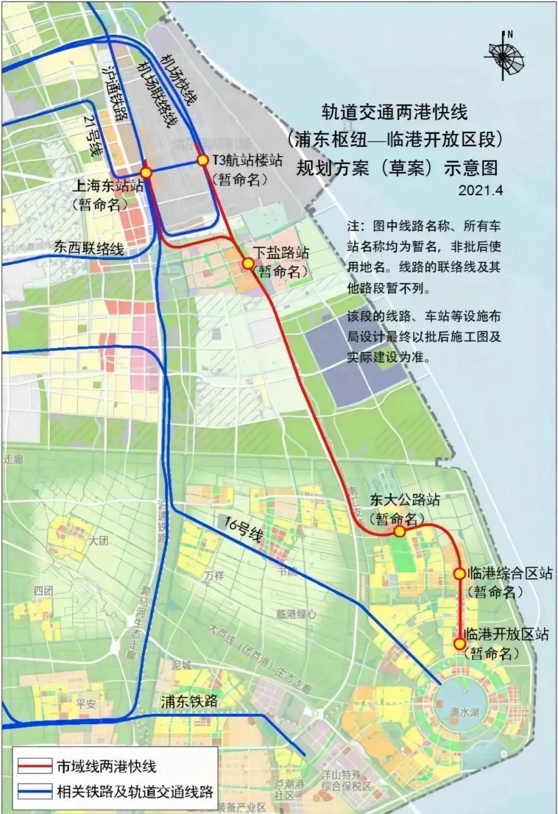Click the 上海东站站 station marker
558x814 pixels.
(x=146, y=172)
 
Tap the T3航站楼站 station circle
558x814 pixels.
(x=203, y=161)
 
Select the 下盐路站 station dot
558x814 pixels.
(x=248, y=264)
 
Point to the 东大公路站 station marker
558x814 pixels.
(x=398, y=531)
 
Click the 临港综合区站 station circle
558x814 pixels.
(x=459, y=574)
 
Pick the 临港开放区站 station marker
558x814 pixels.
(x=459, y=643)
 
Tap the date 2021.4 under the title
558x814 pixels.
(x=481, y=190)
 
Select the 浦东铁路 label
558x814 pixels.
(x=189, y=701)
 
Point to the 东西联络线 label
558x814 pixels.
(x=89, y=249)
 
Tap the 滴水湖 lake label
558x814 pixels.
(x=463, y=712)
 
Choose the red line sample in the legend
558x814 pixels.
(x=35, y=765)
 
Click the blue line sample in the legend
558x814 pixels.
(x=35, y=791)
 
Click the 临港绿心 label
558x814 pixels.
(x=296, y=614)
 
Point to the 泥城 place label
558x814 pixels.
(x=181, y=665)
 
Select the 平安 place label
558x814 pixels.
(x=86, y=703)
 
